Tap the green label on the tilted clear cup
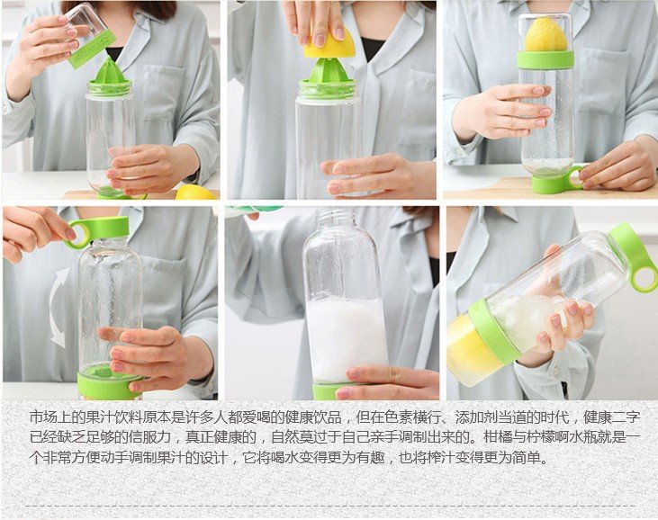click(93, 49)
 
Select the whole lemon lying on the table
click(195, 193)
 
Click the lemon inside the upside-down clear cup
click(546, 36)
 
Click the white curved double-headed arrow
click(59, 308)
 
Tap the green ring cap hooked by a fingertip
click(98, 230)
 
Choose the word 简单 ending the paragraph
click(527, 457)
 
